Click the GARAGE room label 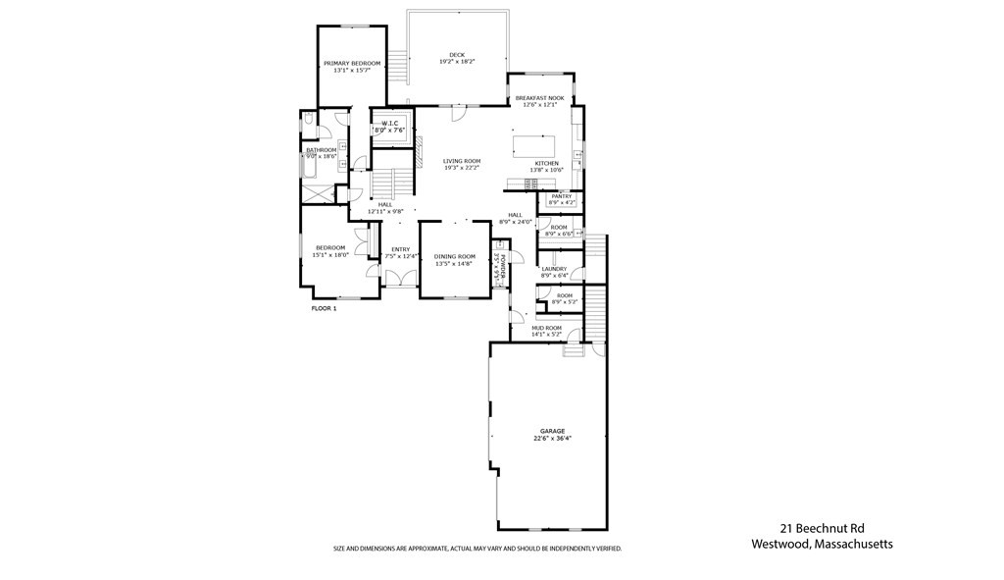click(x=552, y=431)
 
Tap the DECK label click(x=457, y=55)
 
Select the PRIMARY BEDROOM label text click(x=344, y=63)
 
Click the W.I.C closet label click(x=389, y=123)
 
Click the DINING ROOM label click(x=454, y=256)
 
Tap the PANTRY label click(x=562, y=196)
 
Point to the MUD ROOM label click(x=546, y=328)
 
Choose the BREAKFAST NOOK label click(x=539, y=99)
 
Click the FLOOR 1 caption click(x=324, y=308)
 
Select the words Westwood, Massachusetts click(x=822, y=545)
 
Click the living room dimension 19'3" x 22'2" click(x=461, y=168)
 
